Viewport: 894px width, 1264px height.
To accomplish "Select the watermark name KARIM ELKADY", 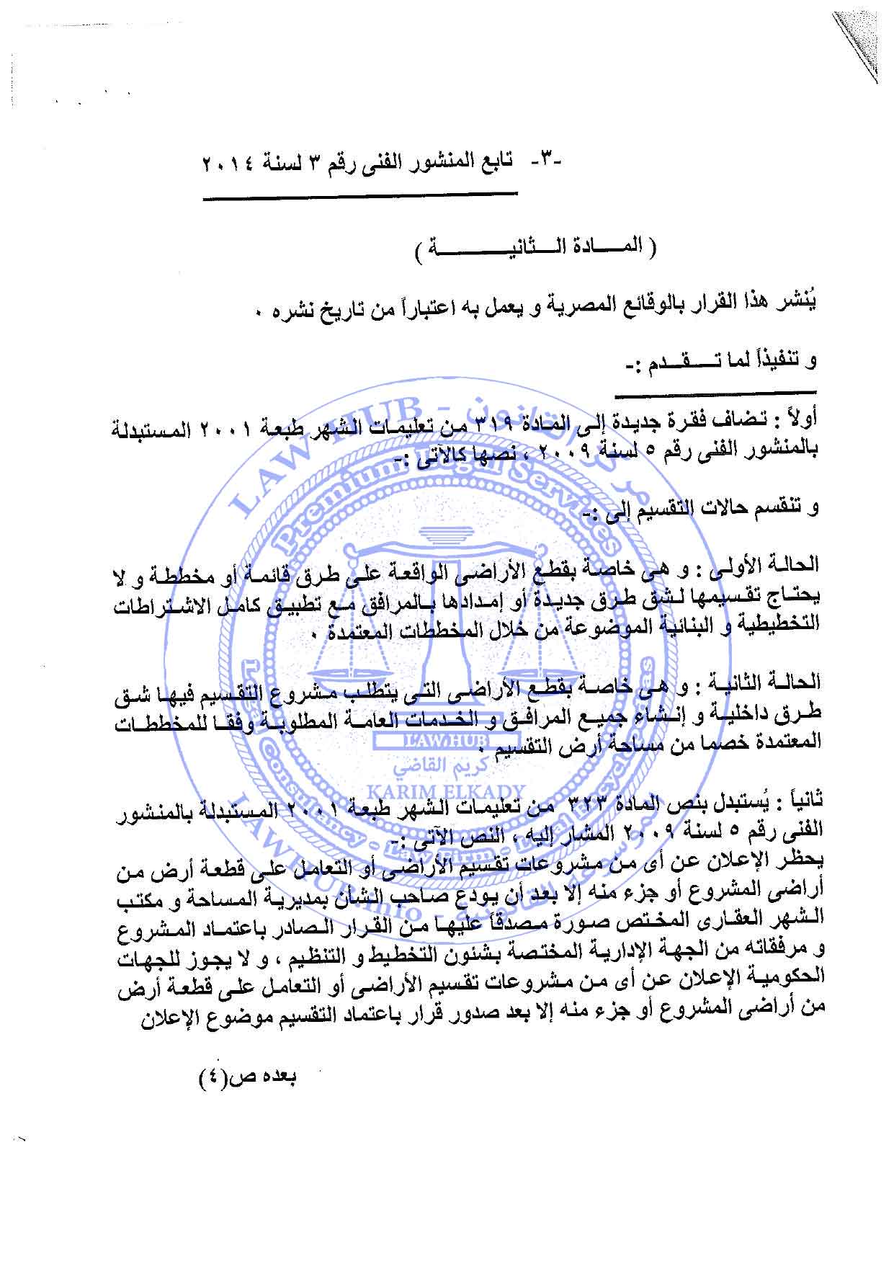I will pos(447,791).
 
